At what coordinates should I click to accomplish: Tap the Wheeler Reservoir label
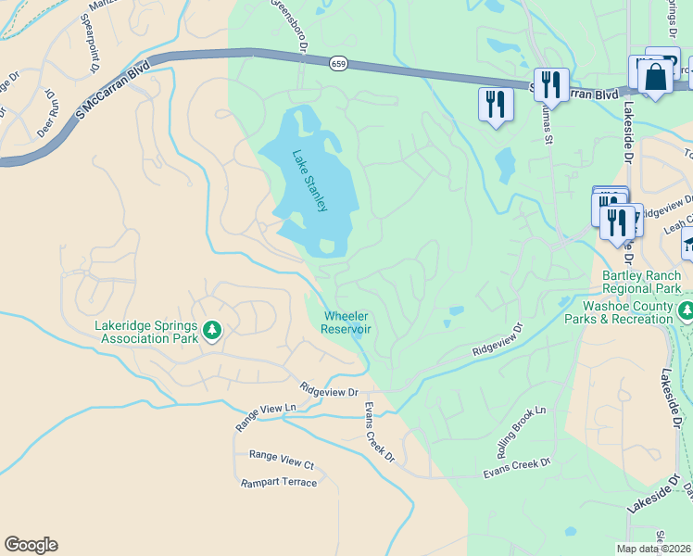pyautogui.click(x=346, y=322)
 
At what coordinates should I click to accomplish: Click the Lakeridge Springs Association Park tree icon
pyautogui.click(x=212, y=330)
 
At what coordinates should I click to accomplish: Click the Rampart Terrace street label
pyautogui.click(x=279, y=483)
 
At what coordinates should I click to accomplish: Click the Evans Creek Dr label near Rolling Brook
pyautogui.click(x=517, y=468)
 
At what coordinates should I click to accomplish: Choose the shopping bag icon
pyautogui.click(x=656, y=80)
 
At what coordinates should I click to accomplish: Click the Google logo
pyautogui.click(x=31, y=545)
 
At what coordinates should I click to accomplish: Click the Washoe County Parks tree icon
pyautogui.click(x=686, y=310)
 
